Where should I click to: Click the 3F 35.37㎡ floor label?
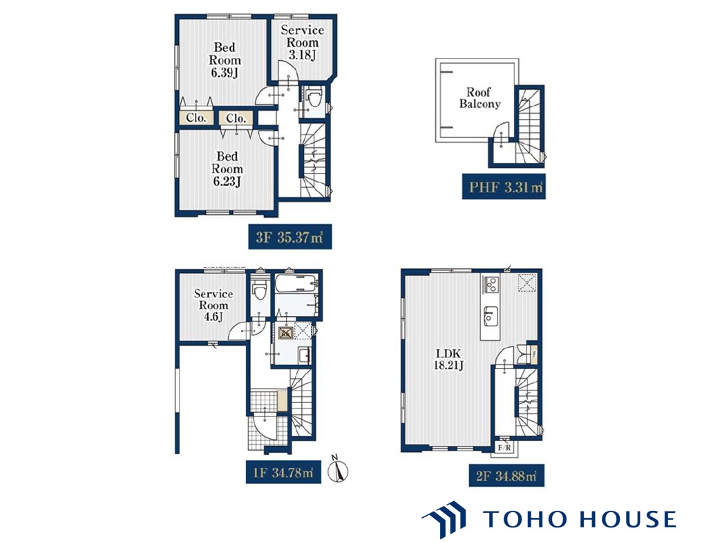tap(290, 237)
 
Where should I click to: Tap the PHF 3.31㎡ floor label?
tap(504, 187)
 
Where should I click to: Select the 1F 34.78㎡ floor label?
tap(284, 471)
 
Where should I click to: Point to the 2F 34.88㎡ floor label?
tap(506, 475)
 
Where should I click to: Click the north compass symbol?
tap(338, 469)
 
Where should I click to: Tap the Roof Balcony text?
tap(479, 97)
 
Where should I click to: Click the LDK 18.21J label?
tap(448, 359)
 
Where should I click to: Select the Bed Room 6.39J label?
tap(225, 60)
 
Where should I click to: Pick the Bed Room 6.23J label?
tap(227, 169)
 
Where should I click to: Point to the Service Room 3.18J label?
tap(303, 42)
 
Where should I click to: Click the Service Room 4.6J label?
tap(213, 305)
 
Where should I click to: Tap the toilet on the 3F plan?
tap(314, 99)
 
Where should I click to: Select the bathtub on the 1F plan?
tap(296, 283)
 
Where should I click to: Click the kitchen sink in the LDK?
tap(489, 316)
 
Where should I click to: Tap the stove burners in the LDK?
tap(491, 284)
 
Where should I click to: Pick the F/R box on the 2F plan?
tap(504, 447)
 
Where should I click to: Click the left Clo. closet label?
tap(196, 118)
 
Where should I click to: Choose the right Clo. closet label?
tap(236, 118)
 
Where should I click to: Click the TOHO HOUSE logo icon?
tap(444, 519)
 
